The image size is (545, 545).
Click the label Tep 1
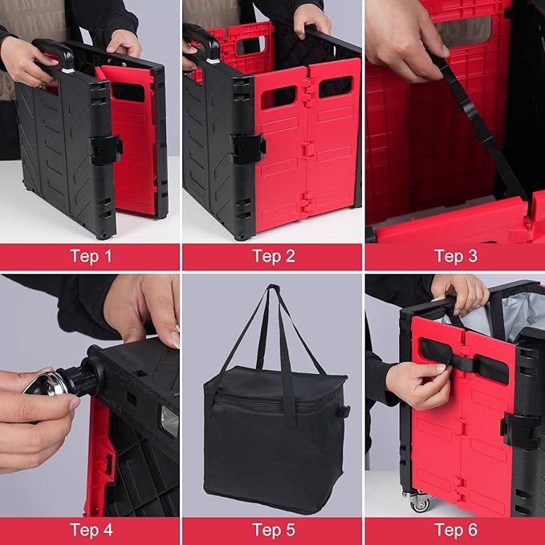tap(91, 256)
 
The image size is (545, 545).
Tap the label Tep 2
tap(274, 256)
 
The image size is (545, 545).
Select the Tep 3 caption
tap(456, 256)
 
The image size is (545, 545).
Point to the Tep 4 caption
tap(91, 530)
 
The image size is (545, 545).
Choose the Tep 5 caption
tap(274, 530)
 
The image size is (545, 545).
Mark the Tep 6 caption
tap(456, 530)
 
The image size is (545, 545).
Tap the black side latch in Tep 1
tap(106, 150)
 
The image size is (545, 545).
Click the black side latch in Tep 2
tap(248, 148)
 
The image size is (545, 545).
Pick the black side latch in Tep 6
tap(520, 430)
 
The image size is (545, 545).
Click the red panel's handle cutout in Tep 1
tap(128, 92)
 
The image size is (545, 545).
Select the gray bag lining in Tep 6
tap(501, 313)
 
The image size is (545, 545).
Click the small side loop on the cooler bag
tap(344, 412)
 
